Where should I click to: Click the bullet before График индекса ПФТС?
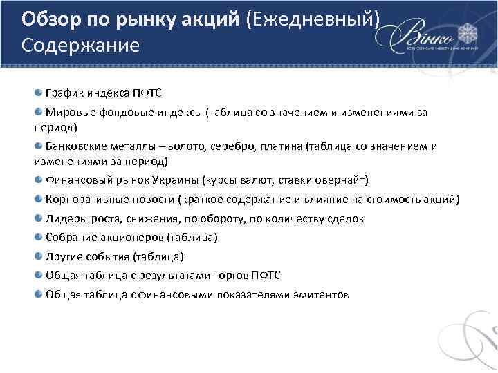pyautogui.click(x=39, y=93)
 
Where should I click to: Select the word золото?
pyautogui.click(x=200, y=146)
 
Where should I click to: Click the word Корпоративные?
pyautogui.click(x=84, y=200)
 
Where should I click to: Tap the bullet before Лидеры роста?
pyautogui.click(x=39, y=218)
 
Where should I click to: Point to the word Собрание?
pyautogui.click(x=69, y=238)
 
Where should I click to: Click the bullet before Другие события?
pyautogui.click(x=39, y=256)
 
